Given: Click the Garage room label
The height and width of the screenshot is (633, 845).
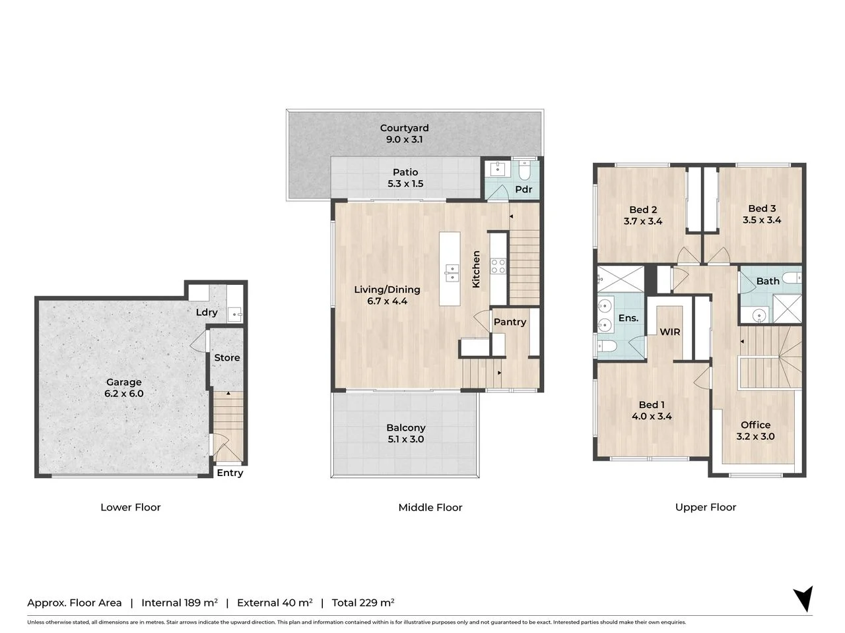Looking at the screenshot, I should point(123,382).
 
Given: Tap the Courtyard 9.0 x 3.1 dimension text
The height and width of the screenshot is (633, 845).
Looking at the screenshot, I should point(404,140).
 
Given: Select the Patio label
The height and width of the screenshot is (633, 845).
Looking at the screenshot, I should point(405,172).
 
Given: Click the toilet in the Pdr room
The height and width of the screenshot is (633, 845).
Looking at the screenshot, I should point(525,171).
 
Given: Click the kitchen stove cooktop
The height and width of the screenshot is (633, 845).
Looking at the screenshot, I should point(498,266).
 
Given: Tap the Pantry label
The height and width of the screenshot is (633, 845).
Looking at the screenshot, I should point(510,322).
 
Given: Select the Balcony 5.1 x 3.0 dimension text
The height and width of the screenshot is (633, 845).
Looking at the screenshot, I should point(405,439).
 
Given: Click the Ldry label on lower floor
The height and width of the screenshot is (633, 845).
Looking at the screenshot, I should point(207,312).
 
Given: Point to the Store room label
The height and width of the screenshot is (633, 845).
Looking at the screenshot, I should point(226,357).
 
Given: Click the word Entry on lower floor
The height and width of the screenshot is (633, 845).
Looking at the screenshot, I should point(230,473).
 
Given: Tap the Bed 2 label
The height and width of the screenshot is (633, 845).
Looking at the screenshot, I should point(642,210).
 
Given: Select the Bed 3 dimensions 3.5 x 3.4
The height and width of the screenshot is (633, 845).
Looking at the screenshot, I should point(761,220).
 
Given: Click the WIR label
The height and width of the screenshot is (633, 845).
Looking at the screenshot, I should point(670,332).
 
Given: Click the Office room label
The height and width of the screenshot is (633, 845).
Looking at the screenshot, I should point(755,425).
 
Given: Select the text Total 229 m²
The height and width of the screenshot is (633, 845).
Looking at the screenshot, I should point(362,603).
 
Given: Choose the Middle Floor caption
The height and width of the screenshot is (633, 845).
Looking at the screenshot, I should point(430,507).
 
